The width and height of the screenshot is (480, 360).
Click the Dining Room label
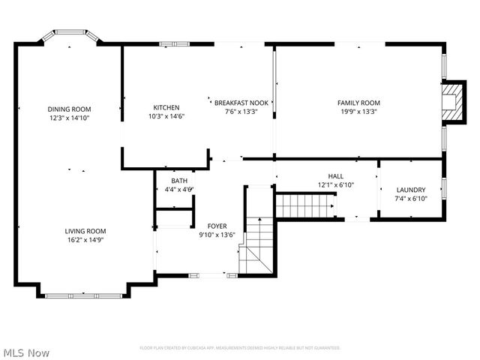[70, 109]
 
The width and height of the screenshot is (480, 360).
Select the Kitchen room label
[166, 106]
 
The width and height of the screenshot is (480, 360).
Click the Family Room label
[358, 103]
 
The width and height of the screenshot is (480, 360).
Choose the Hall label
[335, 176]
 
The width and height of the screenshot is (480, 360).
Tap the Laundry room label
[411, 190]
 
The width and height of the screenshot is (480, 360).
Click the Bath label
[179, 181]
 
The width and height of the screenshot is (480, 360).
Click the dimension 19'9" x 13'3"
[358, 112]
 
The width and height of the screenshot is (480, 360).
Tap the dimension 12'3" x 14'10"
[70, 118]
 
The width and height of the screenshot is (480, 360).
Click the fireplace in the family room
[451, 101]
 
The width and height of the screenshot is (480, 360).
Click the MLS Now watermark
[26, 352]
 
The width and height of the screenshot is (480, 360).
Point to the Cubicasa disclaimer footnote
[240, 348]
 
